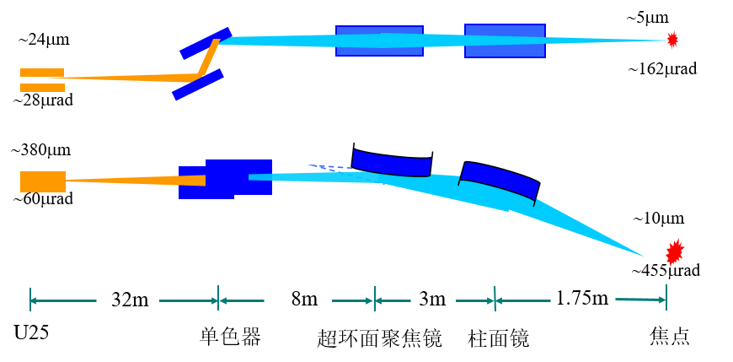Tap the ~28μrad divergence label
click(x=43, y=100)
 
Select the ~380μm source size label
click(x=41, y=151)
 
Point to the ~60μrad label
click(x=43, y=199)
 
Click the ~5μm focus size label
click(x=645, y=16)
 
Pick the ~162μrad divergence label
click(x=663, y=69)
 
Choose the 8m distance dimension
click(x=304, y=300)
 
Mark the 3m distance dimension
click(x=432, y=300)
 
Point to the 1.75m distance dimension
click(x=581, y=297)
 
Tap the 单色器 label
click(x=231, y=336)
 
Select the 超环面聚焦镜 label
click(x=379, y=337)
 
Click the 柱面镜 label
click(x=497, y=337)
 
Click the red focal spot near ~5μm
click(x=672, y=40)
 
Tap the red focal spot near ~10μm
click(x=674, y=251)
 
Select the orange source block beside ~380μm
click(x=43, y=181)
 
